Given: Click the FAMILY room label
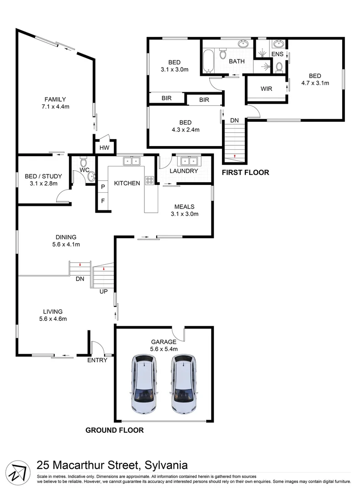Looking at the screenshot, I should (x=55, y=99).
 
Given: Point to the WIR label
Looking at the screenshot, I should (x=266, y=89).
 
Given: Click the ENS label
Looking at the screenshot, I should (x=277, y=54).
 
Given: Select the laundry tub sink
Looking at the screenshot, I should (x=188, y=161).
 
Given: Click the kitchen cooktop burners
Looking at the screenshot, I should (x=149, y=180).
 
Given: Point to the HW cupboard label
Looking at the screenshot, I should (x=104, y=147).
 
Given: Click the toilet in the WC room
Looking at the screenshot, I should (x=83, y=162).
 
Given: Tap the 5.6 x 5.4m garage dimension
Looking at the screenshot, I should (x=164, y=349).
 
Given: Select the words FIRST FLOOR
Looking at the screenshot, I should (x=245, y=173).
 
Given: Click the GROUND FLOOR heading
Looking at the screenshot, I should (x=115, y=430).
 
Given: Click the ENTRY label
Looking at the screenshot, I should (x=97, y=360).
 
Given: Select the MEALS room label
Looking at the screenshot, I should (x=184, y=206).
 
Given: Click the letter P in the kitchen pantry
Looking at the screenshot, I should (x=103, y=187).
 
